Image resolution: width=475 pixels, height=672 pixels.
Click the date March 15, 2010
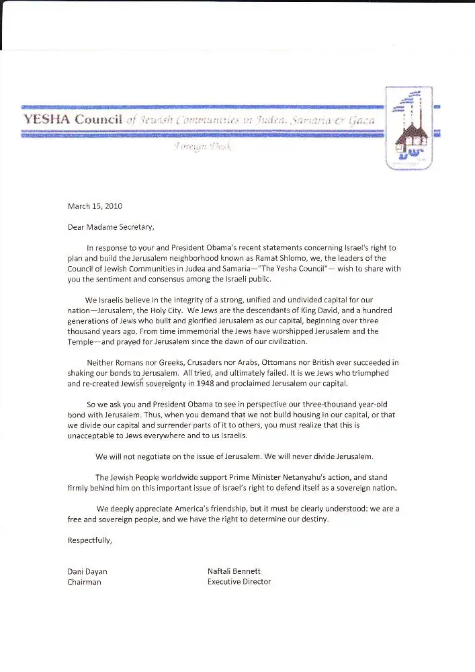tap(95, 206)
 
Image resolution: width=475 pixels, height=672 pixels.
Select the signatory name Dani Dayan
tap(87, 571)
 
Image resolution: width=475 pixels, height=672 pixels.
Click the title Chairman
tap(85, 582)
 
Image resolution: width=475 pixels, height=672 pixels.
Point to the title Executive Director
tap(239, 582)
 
